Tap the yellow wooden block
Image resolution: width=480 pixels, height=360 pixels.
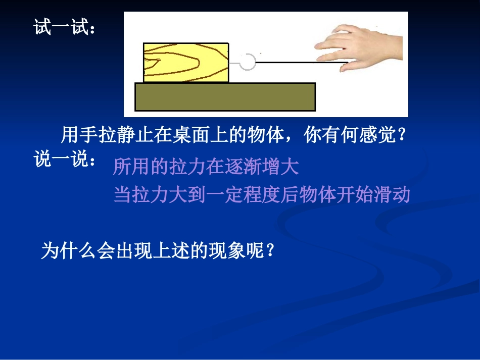[185, 63]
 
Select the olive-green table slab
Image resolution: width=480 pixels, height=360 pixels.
[225, 96]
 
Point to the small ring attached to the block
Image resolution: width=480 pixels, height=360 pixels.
[248, 62]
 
